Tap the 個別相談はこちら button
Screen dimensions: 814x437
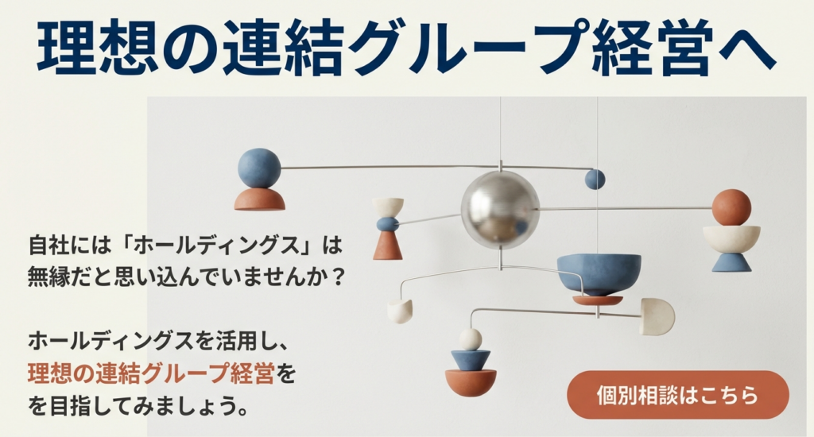677,395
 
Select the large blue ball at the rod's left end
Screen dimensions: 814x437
259,168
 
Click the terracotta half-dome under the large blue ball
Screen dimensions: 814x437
260,199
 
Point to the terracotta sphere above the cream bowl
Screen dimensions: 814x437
731,207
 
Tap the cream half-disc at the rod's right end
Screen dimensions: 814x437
657,316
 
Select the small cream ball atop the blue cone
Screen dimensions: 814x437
471,339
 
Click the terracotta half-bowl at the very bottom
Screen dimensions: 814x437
471,382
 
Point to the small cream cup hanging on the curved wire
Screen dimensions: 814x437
400,311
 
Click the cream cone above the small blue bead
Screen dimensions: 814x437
388,207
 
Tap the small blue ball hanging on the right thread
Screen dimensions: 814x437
595,180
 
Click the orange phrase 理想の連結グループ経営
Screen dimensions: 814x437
151,373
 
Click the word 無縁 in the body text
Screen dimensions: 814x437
51,278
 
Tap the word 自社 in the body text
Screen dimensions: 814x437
51,245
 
